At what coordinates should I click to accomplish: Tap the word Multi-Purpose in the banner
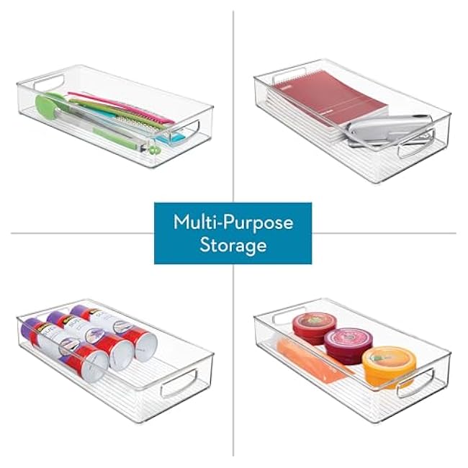pos(233,222)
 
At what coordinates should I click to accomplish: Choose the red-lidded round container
pos(310,326)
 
